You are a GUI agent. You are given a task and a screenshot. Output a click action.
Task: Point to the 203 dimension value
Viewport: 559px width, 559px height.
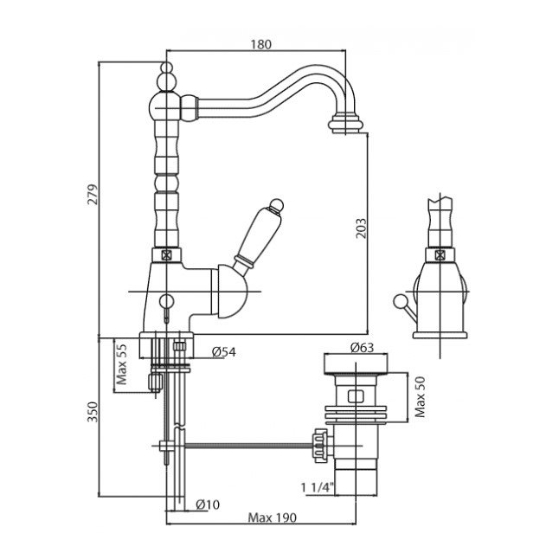point(363,228)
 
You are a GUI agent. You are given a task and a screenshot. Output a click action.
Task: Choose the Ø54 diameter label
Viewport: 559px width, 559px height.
point(222,351)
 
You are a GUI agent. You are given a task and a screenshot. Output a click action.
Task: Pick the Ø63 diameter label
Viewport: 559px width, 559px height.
point(363,348)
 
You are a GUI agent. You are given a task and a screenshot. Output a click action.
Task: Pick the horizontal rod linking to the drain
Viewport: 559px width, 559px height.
point(242,447)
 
